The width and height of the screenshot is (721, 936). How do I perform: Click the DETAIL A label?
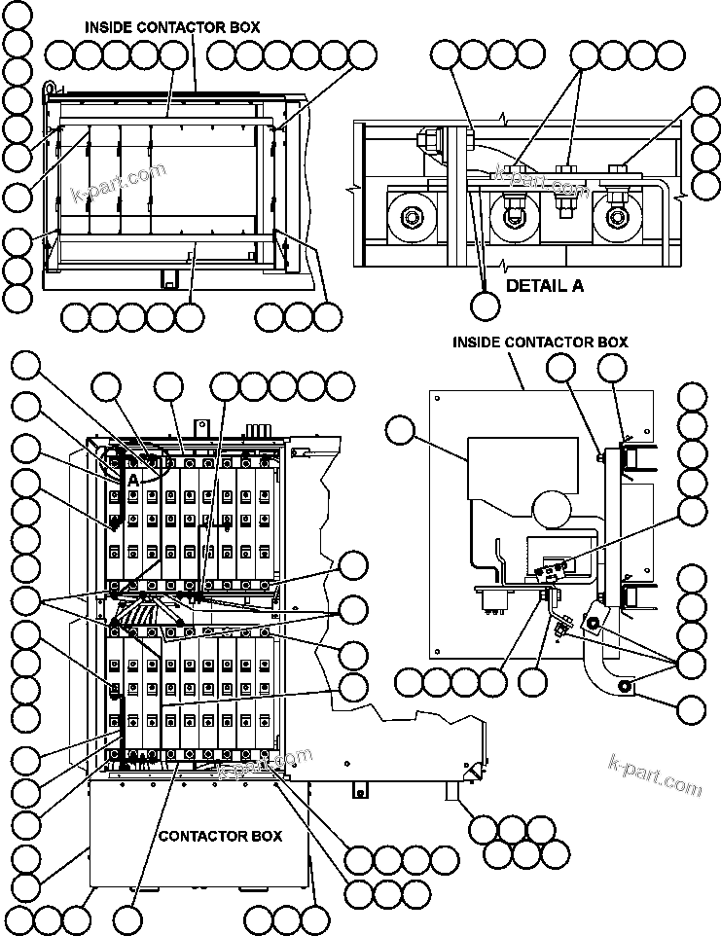click(x=544, y=286)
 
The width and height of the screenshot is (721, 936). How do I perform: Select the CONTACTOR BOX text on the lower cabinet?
click(x=220, y=836)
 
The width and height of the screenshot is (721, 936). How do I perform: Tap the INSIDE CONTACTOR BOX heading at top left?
click(x=172, y=27)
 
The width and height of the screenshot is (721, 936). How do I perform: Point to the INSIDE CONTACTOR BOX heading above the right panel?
click(x=540, y=342)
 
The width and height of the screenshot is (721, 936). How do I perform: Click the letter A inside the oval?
click(x=131, y=479)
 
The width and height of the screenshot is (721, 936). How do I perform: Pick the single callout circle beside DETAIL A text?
click(x=485, y=306)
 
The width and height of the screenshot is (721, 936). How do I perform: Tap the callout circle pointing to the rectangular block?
click(x=400, y=429)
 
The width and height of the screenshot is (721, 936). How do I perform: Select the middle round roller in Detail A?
click(x=512, y=215)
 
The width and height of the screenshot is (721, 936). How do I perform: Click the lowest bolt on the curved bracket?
click(x=624, y=689)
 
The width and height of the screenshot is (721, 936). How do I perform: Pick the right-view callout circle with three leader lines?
click(x=692, y=665)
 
